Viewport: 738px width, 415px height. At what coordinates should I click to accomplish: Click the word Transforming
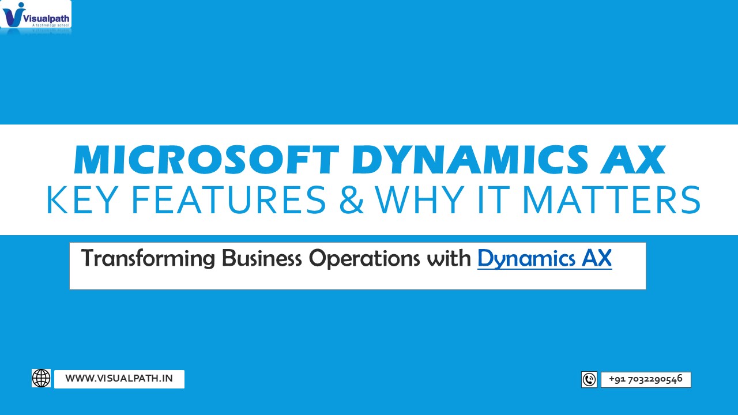point(148,258)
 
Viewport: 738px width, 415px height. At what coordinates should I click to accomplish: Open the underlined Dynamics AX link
point(544,258)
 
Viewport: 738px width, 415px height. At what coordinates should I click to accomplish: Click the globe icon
point(42,378)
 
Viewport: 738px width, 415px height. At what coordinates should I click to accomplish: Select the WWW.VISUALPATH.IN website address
point(119,379)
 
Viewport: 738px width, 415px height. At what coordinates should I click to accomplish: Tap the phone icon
point(589,379)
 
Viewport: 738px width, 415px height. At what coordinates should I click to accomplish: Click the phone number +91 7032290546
point(646,379)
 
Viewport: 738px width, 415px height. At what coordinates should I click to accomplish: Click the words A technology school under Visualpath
point(50,25)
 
